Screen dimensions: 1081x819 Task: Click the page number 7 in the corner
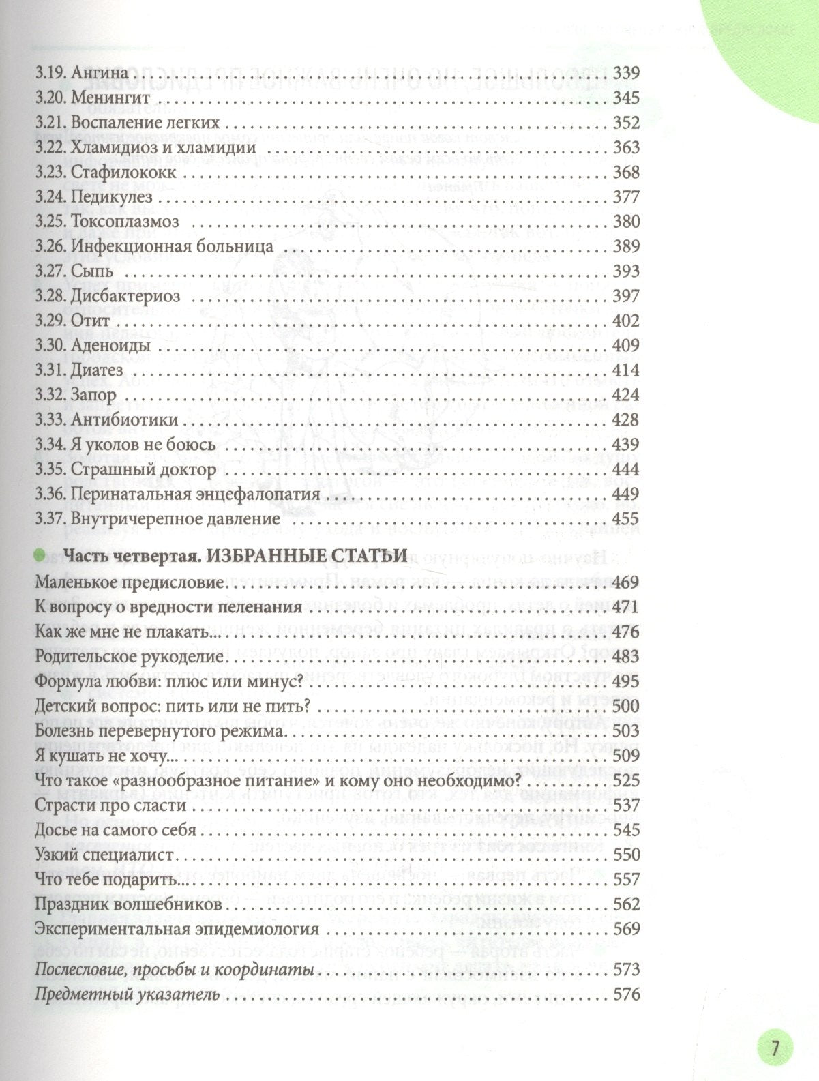[775, 1047]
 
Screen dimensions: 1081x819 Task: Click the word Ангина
[100, 73]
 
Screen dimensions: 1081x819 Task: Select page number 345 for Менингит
[627, 98]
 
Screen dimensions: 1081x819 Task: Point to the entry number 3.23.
[50, 173]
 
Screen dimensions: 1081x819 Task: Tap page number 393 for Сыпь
[627, 271]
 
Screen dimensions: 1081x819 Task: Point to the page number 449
[627, 494]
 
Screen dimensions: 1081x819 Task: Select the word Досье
[54, 830]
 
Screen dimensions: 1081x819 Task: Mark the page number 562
[627, 904]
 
